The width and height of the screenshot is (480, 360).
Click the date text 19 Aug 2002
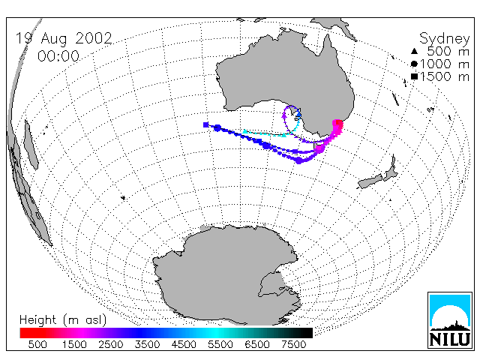(x=64, y=39)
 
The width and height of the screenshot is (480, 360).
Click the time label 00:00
(x=58, y=56)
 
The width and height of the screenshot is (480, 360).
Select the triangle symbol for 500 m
(x=414, y=51)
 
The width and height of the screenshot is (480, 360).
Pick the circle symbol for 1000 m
(x=414, y=64)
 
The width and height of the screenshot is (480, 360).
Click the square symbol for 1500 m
(x=414, y=76)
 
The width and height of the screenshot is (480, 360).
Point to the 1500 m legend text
(x=445, y=76)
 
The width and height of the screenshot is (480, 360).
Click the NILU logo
(x=450, y=320)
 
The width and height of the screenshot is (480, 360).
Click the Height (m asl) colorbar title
(x=63, y=320)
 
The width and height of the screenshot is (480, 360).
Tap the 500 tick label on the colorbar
(x=37, y=344)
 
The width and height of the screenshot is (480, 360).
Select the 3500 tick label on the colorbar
(x=147, y=344)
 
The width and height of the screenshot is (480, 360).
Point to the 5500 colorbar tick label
(x=220, y=344)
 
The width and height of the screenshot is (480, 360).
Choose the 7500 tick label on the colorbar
(x=293, y=344)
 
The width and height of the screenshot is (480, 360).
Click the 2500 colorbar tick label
(x=110, y=344)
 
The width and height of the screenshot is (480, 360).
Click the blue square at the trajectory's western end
(x=206, y=124)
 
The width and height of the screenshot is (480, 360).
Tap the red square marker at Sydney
(x=338, y=123)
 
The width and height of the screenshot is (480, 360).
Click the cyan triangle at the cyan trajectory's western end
(x=244, y=132)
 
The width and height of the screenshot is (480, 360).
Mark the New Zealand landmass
(x=379, y=173)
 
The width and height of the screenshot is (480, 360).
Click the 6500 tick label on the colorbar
(x=257, y=344)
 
